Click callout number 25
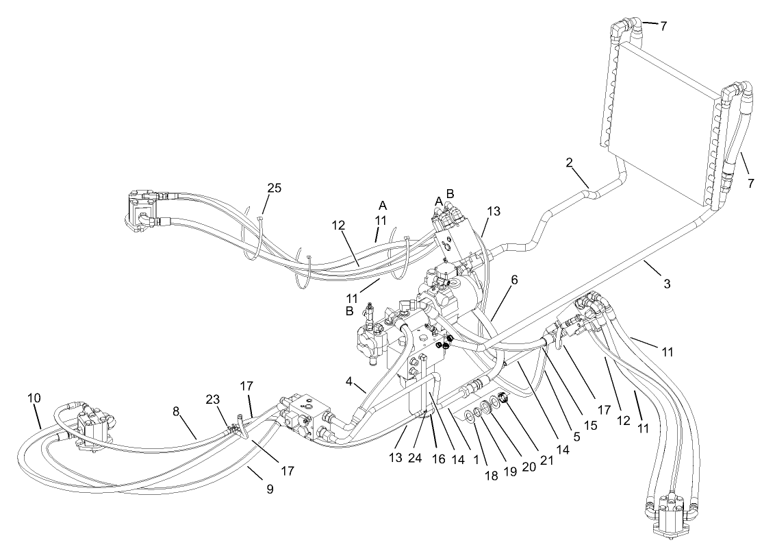pos(274,188)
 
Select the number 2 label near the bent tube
pos(570,163)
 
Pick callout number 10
pos(34,398)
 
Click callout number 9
pos(269,489)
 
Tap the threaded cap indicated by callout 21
pos(504,398)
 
